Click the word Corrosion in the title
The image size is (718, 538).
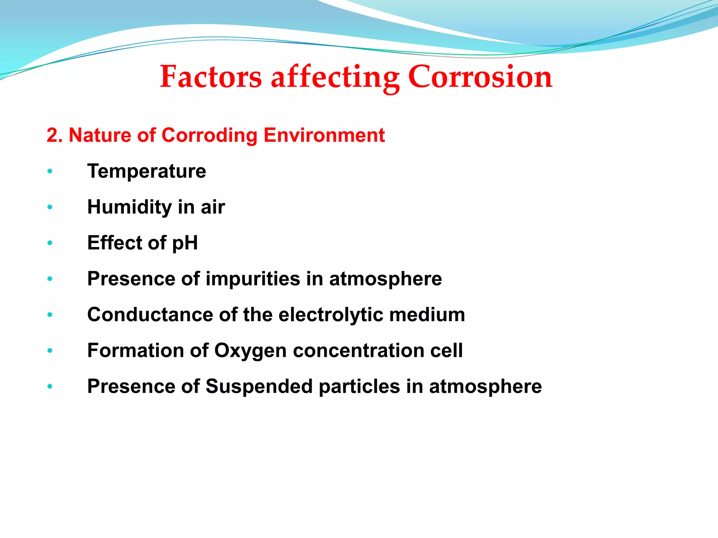[x=480, y=77]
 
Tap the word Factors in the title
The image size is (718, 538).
[x=211, y=77]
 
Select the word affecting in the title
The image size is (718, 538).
[x=335, y=77]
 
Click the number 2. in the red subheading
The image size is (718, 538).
[x=55, y=135]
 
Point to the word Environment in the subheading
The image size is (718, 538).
[x=324, y=135]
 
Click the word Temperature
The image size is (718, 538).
[x=147, y=171]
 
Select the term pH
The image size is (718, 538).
[x=185, y=243]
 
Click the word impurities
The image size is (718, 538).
[x=253, y=279]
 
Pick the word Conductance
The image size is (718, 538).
[x=150, y=315]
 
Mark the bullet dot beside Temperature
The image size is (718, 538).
[x=50, y=171]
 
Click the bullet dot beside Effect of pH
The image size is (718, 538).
[x=50, y=243]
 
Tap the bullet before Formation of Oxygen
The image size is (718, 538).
[x=50, y=350]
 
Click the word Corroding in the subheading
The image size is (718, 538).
[x=209, y=135]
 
